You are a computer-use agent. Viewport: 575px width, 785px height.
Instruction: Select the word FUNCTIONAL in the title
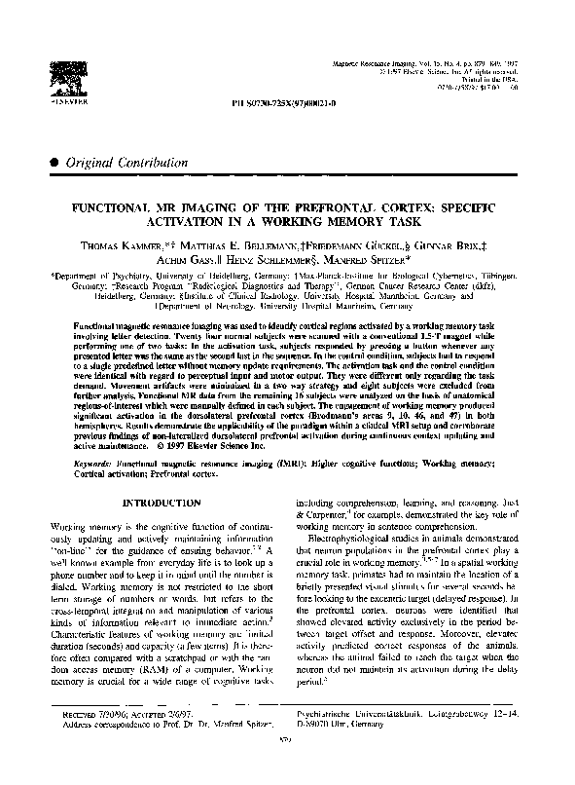click(x=117, y=208)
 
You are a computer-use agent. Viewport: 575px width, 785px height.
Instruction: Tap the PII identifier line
click(x=288, y=101)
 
